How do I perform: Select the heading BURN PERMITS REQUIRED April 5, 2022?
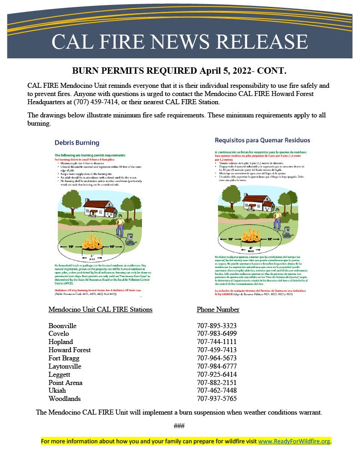click(x=179, y=71)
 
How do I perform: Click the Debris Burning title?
click(x=77, y=142)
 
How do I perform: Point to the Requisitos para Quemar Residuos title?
click(x=262, y=140)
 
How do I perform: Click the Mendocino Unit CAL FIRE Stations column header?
click(x=100, y=309)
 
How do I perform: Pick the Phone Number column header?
click(x=218, y=309)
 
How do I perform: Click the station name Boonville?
click(x=62, y=326)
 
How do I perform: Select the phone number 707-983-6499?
click(x=217, y=334)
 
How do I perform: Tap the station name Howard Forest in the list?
click(x=70, y=350)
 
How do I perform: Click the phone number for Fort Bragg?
click(x=217, y=358)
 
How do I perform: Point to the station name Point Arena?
click(x=66, y=383)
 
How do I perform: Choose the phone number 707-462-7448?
click(x=217, y=390)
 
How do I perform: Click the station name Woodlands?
click(x=65, y=399)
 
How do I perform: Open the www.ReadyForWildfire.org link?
click(x=294, y=441)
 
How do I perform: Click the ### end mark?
click(x=179, y=426)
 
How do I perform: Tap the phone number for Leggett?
click(x=217, y=375)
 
